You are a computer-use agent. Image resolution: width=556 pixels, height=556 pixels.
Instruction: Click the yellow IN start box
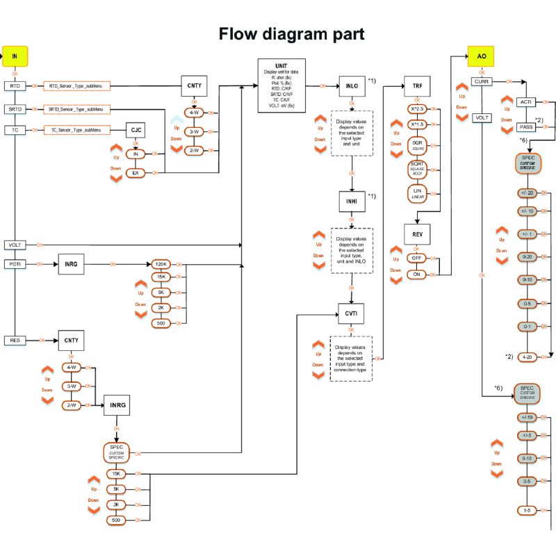(15, 56)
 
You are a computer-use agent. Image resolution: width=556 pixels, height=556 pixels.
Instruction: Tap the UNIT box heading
(281, 65)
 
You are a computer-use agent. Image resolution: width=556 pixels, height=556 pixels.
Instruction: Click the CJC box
(136, 129)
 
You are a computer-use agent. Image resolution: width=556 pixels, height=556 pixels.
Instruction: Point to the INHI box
(351, 202)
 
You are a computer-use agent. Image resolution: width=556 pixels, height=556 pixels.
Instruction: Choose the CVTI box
(351, 315)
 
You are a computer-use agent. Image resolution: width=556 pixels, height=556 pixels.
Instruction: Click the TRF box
(416, 85)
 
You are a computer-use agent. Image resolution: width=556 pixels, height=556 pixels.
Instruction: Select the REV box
(416, 234)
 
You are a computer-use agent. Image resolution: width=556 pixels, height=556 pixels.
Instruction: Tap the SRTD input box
(15, 109)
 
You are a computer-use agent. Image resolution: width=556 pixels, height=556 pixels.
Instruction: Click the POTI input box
(15, 264)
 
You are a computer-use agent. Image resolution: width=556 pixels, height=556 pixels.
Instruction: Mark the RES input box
(15, 341)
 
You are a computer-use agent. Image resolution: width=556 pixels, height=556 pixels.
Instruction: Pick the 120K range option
(161, 264)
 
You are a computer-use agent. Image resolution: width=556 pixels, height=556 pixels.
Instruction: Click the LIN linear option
(416, 193)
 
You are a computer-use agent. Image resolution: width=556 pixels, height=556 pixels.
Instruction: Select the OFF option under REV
(416, 258)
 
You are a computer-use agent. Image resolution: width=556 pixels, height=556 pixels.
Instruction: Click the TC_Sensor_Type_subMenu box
(76, 130)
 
